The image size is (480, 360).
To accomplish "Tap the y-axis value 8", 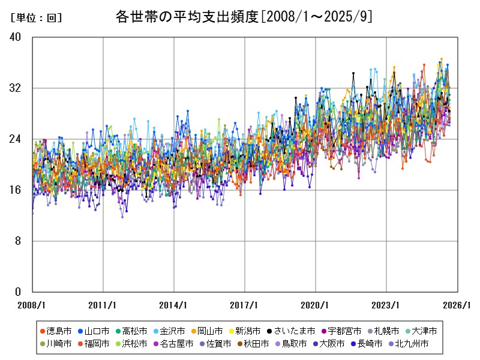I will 18,241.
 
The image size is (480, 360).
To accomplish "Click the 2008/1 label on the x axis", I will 32,304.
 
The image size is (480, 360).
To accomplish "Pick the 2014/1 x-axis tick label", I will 174,304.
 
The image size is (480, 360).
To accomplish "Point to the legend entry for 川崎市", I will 59,344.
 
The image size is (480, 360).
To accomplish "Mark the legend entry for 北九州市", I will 412,344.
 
